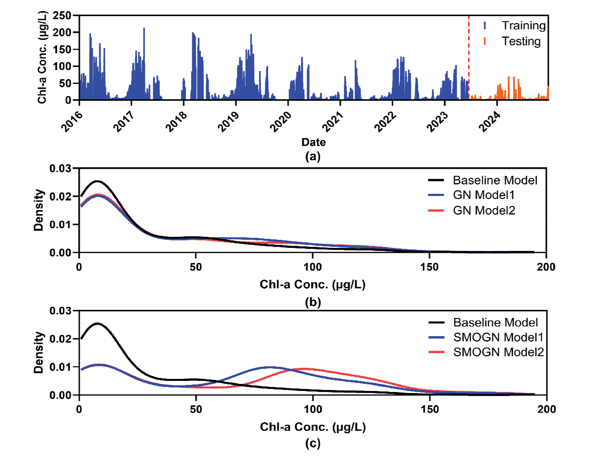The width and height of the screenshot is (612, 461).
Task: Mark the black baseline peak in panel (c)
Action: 97,323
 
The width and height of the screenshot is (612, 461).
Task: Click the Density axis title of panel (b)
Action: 38,210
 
